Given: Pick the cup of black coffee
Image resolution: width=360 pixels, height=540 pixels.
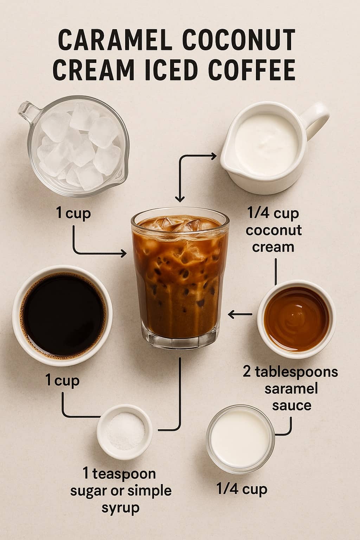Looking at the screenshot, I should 62,313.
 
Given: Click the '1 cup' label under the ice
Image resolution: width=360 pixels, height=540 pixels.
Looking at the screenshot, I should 73,213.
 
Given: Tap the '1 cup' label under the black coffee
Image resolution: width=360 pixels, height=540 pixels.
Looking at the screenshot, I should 63,380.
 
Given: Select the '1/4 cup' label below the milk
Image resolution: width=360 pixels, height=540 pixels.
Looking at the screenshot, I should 242,489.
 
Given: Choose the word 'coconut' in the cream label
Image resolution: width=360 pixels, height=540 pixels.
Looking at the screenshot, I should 274,230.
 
